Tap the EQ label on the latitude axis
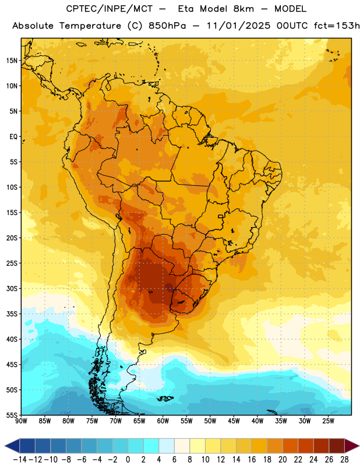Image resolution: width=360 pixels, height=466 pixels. pos(13,137)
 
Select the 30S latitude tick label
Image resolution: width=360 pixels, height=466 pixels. pos(12,289)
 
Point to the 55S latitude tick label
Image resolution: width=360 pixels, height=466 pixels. pos(12,415)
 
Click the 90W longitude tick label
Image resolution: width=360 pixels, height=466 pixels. pos(21,421)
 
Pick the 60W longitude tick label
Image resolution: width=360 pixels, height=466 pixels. pos(163,421)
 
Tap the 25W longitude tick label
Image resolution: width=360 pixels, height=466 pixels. pos(329,421)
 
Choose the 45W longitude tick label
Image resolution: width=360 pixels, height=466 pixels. pos(234,421)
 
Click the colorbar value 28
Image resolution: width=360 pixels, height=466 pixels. pos(344,460)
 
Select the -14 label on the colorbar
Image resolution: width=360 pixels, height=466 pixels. pos(20,460)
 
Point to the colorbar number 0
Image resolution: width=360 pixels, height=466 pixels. pos(128,460)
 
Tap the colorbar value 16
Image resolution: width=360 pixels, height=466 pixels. pos(252,460)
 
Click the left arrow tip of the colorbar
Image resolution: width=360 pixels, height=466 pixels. pos(5,446)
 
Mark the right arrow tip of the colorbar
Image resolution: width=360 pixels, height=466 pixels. pos(359,446)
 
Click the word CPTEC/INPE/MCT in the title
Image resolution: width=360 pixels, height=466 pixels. pos(110,9)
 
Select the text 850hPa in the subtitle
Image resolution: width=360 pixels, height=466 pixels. pos(167,26)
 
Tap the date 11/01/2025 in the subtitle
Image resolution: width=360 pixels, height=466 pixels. pos(238,26)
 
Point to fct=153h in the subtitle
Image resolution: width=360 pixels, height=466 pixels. pos(337,26)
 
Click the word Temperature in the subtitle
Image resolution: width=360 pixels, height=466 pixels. pos(90,26)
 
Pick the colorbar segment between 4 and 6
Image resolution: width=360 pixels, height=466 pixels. pos(167,446)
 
